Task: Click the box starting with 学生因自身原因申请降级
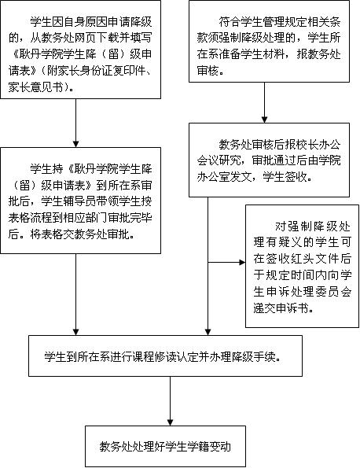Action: click(x=80, y=50)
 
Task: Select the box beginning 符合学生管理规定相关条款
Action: click(x=269, y=41)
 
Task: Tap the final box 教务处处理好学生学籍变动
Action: click(x=165, y=446)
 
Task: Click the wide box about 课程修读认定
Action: click(x=165, y=356)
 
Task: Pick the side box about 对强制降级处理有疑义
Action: click(x=302, y=266)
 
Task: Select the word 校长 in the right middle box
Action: click(x=313, y=145)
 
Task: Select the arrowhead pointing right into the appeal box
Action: click(x=242, y=263)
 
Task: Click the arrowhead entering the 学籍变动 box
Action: click(x=170, y=422)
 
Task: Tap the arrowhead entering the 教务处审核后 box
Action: click(x=264, y=120)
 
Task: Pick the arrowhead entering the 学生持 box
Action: click(x=75, y=144)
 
